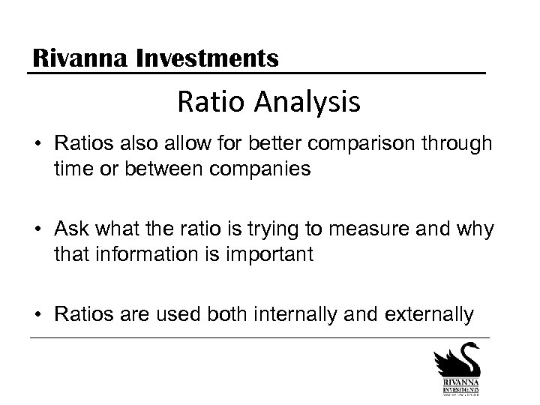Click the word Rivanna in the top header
(x=77, y=57)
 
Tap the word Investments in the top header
(x=208, y=57)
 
